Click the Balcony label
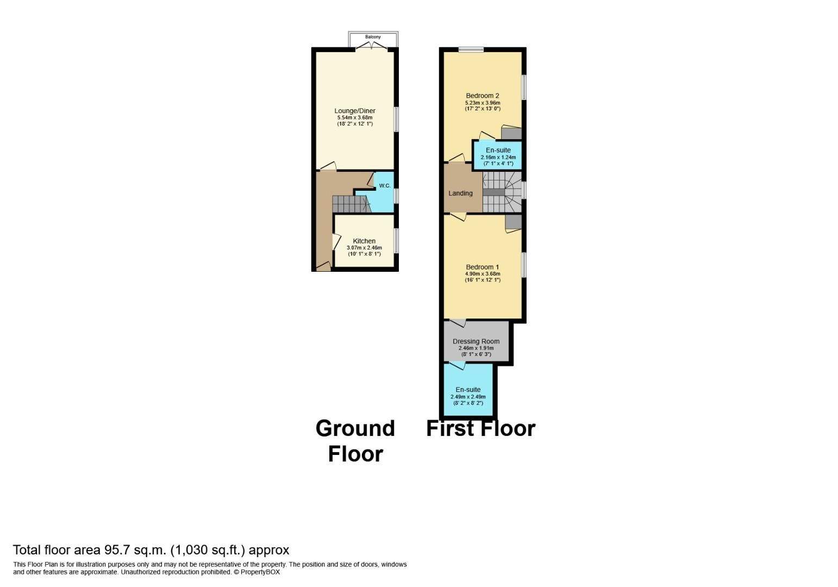373,37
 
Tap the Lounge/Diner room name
354,111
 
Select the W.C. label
385,186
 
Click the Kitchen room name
364,241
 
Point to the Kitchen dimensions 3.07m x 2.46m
364,248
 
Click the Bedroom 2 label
483,96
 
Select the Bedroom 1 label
483,267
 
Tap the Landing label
460,193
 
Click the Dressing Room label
476,341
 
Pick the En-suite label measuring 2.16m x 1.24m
498,150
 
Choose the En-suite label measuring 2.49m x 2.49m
468,390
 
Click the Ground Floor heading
355,441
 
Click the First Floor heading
481,428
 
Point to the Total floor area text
151,549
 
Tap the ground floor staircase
350,204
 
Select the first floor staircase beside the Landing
502,192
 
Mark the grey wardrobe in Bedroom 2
511,133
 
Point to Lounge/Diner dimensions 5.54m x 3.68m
354,117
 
